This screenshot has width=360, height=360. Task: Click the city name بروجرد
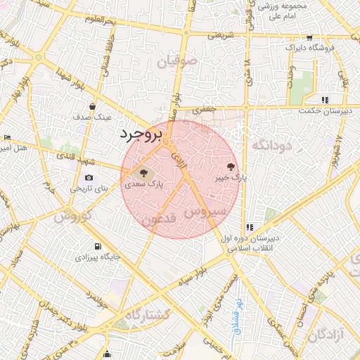[x=141, y=134]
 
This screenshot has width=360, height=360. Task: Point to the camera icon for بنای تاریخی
[x=89, y=177]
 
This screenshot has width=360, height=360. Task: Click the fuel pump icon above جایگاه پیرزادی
[x=96, y=246]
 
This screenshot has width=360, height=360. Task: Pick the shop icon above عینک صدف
[x=92, y=107]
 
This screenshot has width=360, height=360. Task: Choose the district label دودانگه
[x=270, y=146]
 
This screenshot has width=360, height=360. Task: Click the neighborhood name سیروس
[x=206, y=211]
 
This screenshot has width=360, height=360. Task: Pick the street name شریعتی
[x=213, y=34]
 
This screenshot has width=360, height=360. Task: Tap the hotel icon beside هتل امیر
[x=6, y=137]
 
